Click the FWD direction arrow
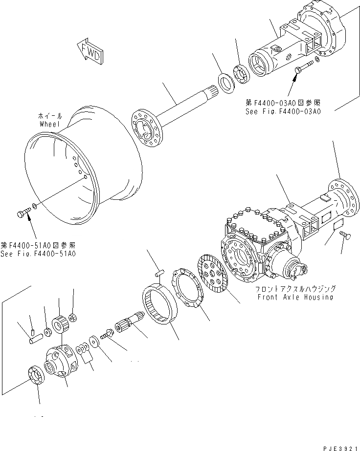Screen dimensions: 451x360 coord(90,50)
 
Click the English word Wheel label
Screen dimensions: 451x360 coord(49,124)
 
